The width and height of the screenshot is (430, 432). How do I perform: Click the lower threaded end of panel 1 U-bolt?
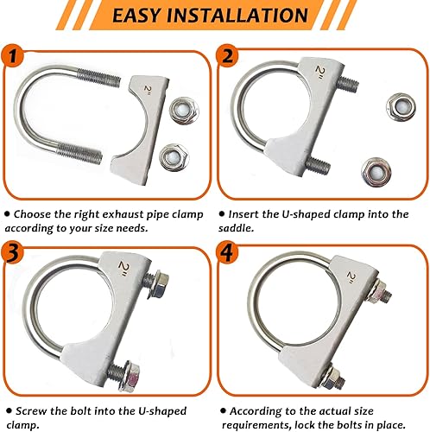(90, 158)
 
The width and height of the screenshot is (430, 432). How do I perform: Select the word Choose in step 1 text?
(39, 212)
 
